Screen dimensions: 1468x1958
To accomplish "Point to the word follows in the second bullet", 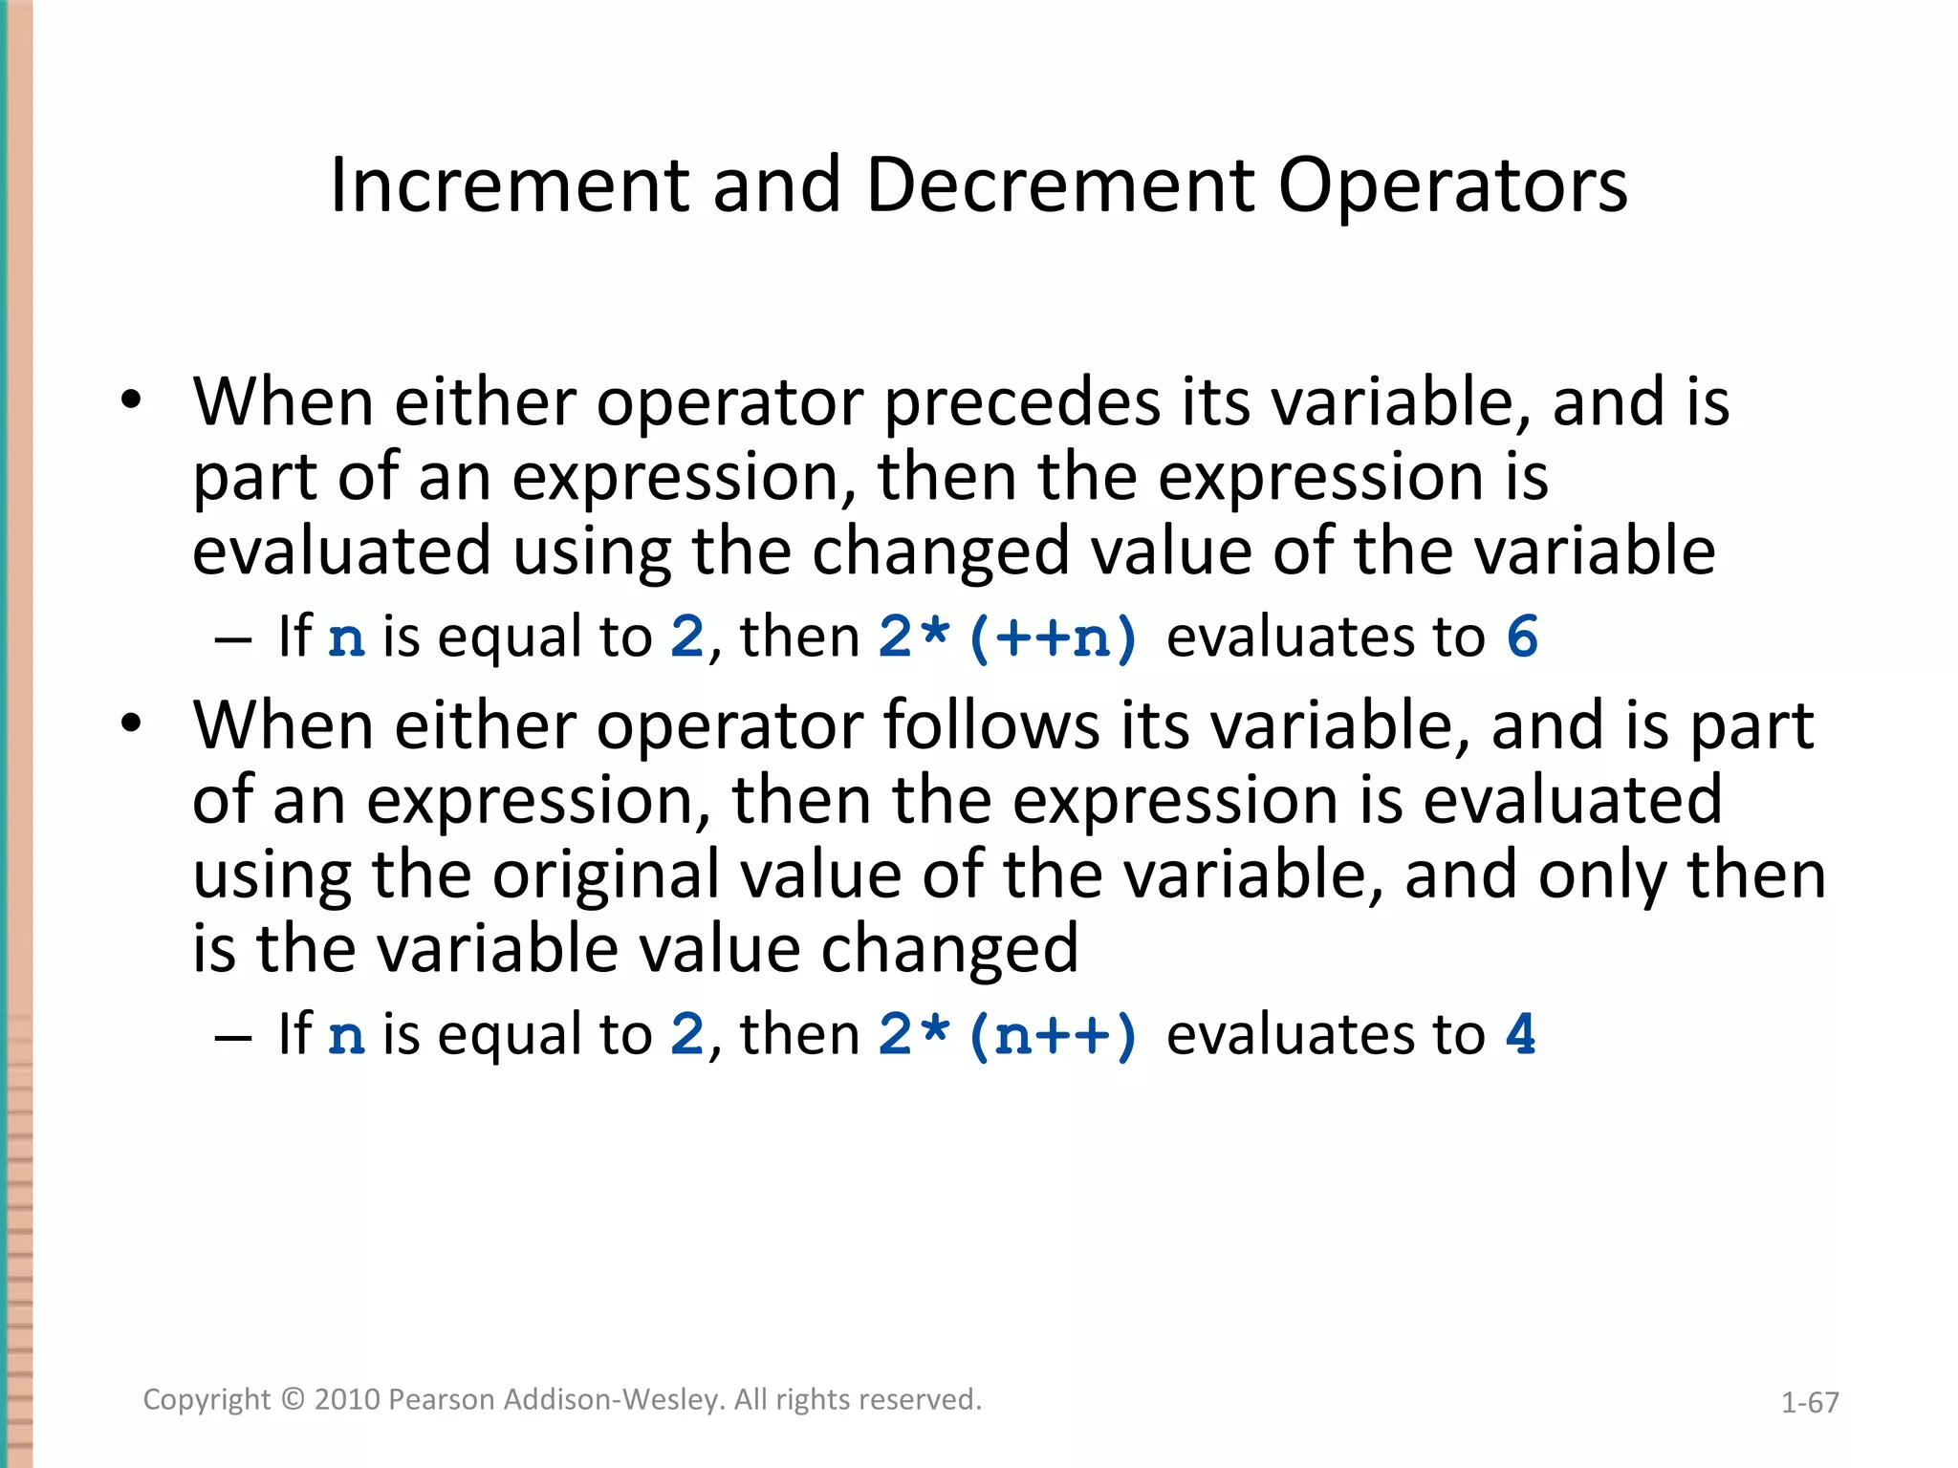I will [x=990, y=726].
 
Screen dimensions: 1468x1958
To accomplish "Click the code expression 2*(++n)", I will [x=1008, y=637].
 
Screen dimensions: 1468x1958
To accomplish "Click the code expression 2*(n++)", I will [x=1008, y=1035].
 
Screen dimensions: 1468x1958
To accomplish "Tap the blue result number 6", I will [x=1522, y=637].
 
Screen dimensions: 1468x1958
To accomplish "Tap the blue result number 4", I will [x=1520, y=1035].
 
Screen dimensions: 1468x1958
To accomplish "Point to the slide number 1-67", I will [x=1810, y=1403].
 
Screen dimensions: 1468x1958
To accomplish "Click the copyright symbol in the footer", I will [x=293, y=1400].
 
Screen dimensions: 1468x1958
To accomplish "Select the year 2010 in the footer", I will [x=347, y=1400].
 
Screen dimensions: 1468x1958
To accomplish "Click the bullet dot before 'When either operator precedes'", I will [x=131, y=399].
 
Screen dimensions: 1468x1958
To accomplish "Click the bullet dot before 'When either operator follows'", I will [x=131, y=723].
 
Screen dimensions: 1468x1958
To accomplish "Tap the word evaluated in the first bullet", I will [x=341, y=552].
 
